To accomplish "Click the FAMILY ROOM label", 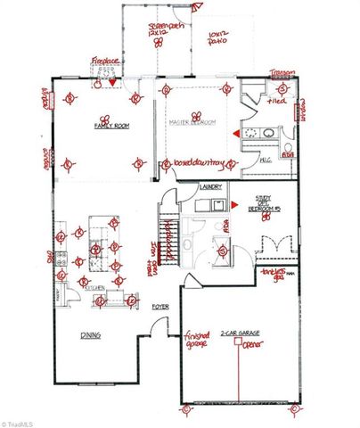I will tap(112, 128).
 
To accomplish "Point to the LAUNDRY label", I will tap(211, 187).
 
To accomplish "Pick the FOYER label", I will tap(160, 307).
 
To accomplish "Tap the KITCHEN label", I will tap(96, 289).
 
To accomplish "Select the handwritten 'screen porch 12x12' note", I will tap(166, 29).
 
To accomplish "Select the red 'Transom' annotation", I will tap(283, 74).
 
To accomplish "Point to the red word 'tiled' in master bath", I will tap(270, 103).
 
